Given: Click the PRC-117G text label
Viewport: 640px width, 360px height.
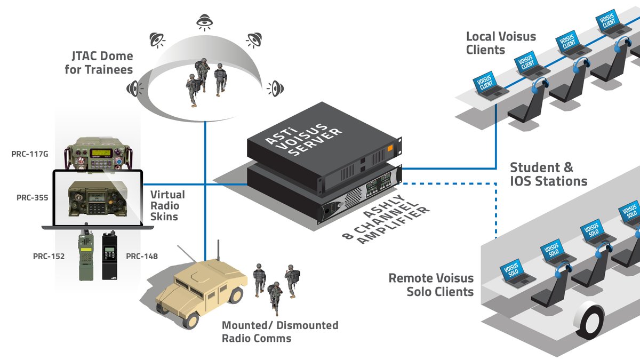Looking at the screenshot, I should [30, 154].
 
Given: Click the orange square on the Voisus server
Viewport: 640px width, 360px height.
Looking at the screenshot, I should [391, 149].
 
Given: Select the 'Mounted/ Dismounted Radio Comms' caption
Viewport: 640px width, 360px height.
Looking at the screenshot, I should [280, 331].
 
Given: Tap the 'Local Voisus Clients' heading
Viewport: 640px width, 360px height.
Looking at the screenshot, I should [501, 43].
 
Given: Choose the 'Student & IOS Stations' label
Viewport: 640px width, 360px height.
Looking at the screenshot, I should [548, 174].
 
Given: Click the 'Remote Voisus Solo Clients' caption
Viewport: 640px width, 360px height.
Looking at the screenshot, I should [431, 285].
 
